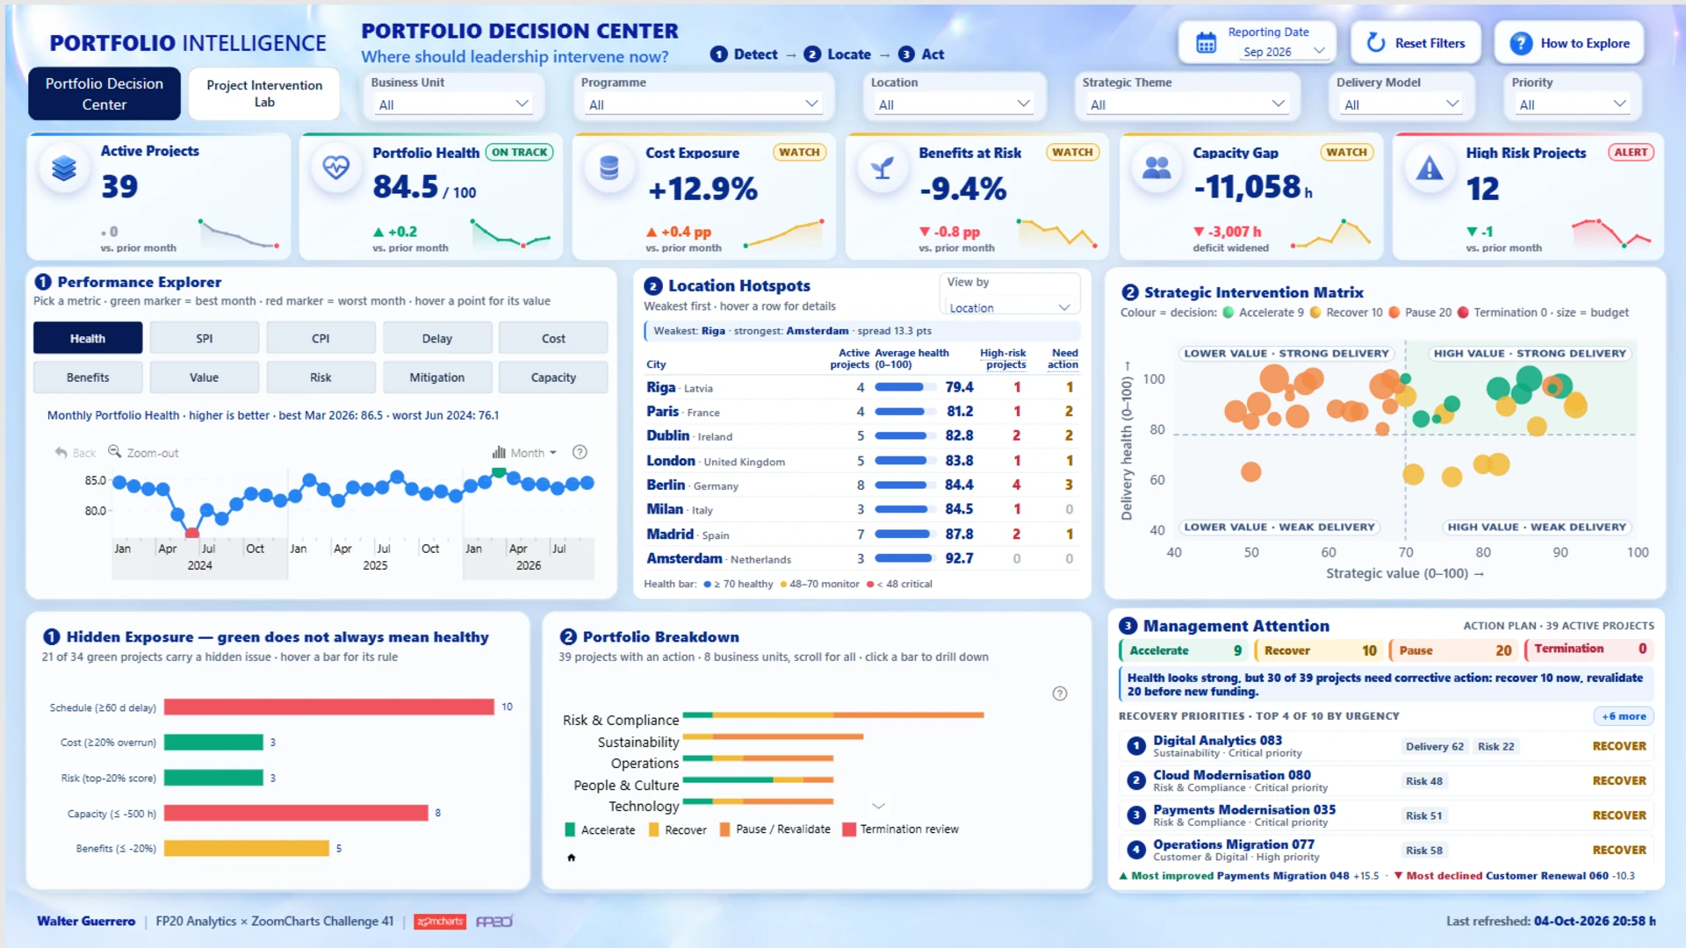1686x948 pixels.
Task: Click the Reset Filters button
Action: pos(1416,43)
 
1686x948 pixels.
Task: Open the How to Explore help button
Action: pos(1568,43)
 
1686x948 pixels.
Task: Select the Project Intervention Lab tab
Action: pos(264,93)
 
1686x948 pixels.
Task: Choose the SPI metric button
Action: pos(205,338)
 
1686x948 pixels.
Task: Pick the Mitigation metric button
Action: pos(437,377)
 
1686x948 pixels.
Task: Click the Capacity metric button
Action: pos(553,377)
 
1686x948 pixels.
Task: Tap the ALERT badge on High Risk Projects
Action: pos(1631,152)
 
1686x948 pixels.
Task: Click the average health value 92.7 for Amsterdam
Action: pos(959,558)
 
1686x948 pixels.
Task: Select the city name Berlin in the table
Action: pos(666,485)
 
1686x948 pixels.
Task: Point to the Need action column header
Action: pos(1063,358)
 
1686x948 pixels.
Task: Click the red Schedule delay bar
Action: pos(329,707)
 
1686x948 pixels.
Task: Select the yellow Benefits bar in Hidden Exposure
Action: pos(247,848)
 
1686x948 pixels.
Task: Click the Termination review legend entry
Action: pos(901,829)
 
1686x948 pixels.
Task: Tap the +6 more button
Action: pos(1624,716)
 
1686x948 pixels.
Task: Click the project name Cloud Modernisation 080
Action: pos(1232,775)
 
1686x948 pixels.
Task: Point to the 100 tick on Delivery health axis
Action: pos(1154,379)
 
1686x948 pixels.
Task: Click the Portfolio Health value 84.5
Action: pos(405,187)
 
